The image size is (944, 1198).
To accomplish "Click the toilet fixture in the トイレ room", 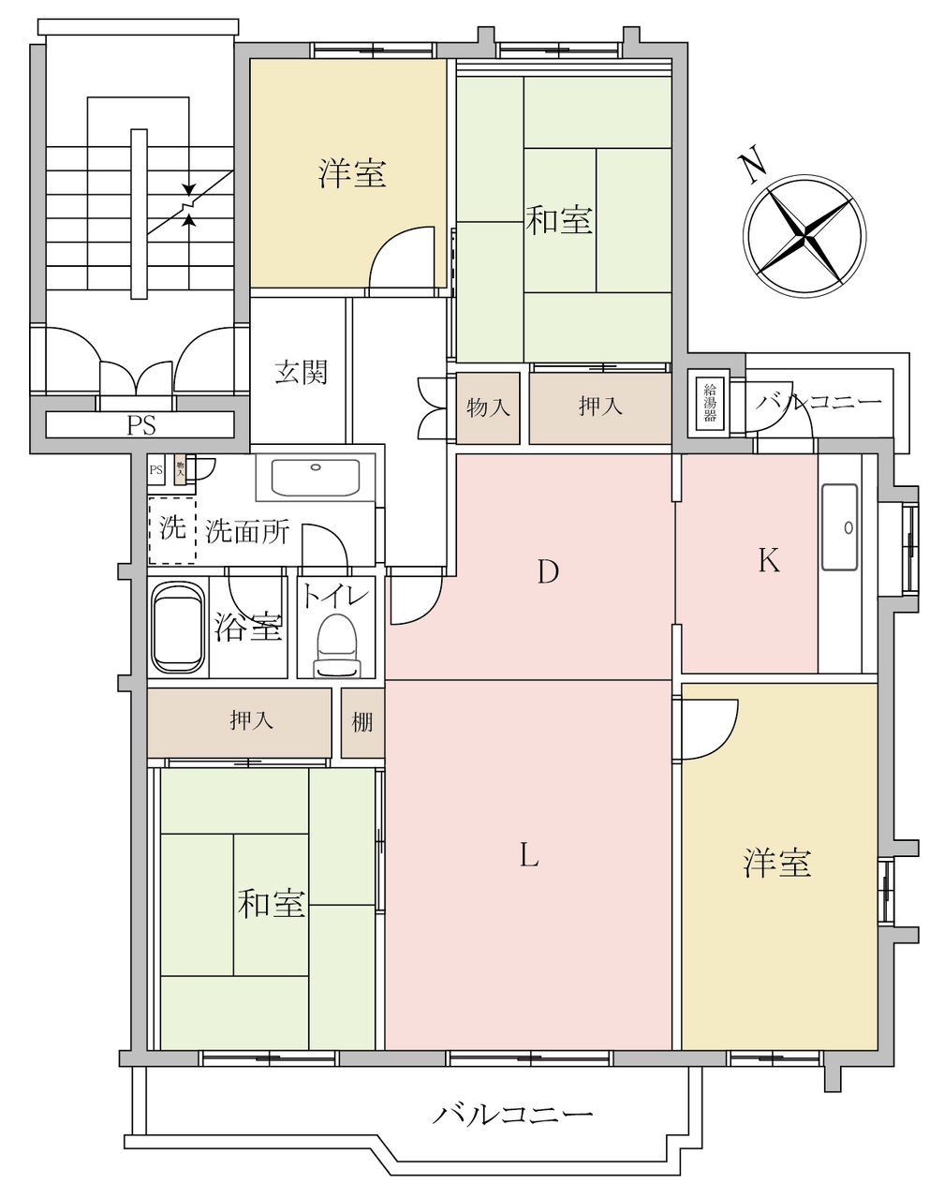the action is tap(337, 645).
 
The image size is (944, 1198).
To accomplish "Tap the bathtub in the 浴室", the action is tap(178, 628).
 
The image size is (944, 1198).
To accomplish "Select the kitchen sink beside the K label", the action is tap(840, 526).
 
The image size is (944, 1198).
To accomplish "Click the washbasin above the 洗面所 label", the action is tap(316, 477).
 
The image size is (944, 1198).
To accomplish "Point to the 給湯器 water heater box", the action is tap(710, 403).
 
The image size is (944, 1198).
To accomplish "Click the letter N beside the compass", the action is tap(753, 164).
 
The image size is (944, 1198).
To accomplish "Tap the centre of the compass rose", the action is tap(804, 235).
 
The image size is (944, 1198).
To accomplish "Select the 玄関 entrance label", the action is tap(302, 373).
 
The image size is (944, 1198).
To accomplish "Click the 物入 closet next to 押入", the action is tap(488, 408).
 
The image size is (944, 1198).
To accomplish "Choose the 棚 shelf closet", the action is tap(362, 723).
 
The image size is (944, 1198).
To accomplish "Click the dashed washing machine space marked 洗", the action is tap(172, 530).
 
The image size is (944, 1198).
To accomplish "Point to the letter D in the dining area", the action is tap(548, 571).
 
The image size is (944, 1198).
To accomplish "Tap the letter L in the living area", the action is tap(529, 855).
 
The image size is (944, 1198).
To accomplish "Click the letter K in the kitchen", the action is tap(769, 560).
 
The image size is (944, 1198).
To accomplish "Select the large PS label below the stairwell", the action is tap(141, 426).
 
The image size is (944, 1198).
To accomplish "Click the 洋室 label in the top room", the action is tap(352, 172).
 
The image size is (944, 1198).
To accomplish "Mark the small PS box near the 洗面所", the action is tap(156, 470).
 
